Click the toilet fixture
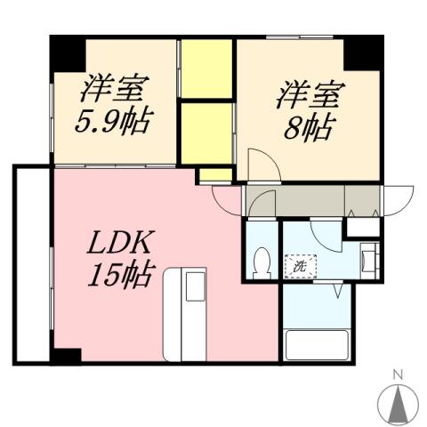click(x=262, y=262)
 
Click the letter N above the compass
click(x=399, y=374)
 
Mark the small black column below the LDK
click(x=64, y=357)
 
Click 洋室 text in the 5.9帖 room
click(x=116, y=89)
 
